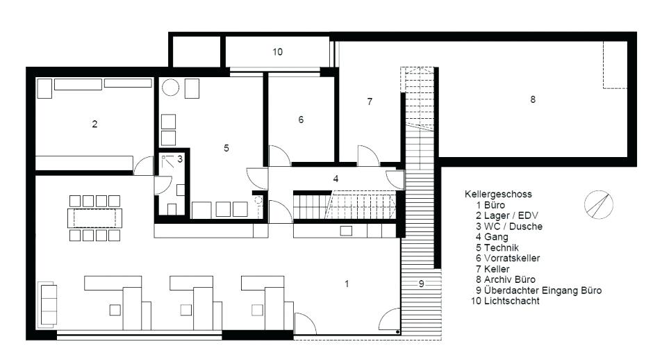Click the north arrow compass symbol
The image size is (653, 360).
599,204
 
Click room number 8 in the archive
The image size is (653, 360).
533,99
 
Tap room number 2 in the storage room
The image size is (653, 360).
94,124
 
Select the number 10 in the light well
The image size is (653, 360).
277,52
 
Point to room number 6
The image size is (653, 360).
301,120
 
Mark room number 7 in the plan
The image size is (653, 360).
370,101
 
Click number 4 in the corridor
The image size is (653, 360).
336,179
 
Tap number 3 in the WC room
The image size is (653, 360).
179,159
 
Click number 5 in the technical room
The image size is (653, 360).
226,147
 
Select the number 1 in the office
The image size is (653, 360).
346,283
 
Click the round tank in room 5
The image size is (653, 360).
171,88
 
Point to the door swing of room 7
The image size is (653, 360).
367,155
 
